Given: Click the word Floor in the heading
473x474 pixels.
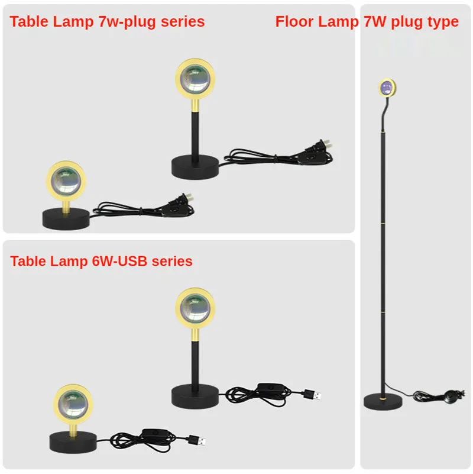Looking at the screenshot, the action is coord(295,22).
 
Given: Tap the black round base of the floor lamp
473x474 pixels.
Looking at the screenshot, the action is coord(382,401).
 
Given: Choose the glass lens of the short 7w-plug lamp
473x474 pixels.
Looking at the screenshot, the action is coord(65,180).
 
